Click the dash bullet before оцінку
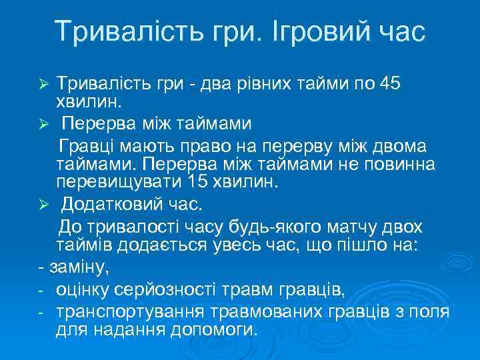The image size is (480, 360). tap(41, 291)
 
